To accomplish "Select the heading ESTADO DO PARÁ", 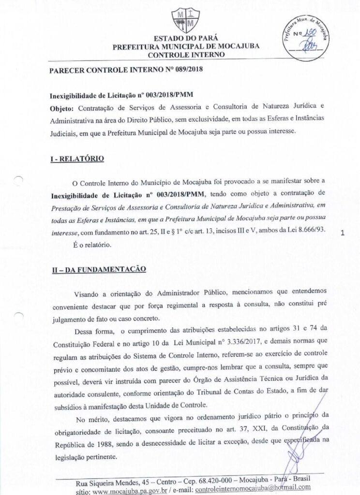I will point(180,38).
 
